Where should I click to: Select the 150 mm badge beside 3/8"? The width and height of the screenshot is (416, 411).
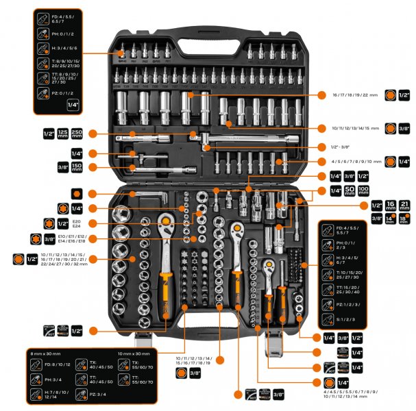click(x=62, y=167)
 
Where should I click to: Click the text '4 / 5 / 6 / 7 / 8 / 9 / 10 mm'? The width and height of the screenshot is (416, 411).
click(x=351, y=162)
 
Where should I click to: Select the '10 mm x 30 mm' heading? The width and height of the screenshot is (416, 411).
click(x=134, y=352)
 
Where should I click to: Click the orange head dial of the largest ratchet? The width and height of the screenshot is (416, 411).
click(x=166, y=221)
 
